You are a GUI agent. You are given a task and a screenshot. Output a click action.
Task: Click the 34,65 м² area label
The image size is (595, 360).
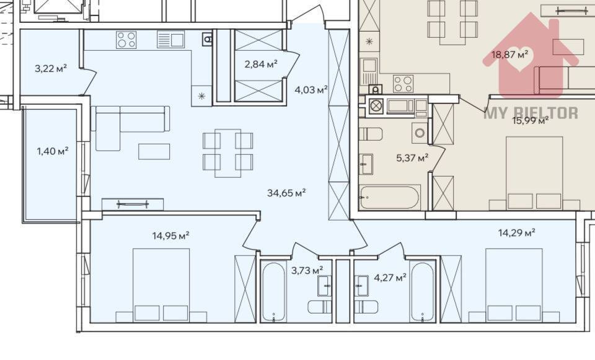pyautogui.click(x=286, y=193)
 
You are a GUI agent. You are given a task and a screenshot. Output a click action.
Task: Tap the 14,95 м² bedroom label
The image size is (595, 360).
pyautogui.click(x=170, y=235)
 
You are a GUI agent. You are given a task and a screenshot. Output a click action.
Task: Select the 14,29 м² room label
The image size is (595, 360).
pyautogui.click(x=516, y=233)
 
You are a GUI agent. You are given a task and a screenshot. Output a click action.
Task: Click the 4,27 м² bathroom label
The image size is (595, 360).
pyautogui.click(x=390, y=277)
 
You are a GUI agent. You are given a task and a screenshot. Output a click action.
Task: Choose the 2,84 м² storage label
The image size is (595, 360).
pyautogui.click(x=260, y=64)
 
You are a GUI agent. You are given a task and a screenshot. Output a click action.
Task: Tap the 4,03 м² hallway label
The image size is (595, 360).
pyautogui.click(x=311, y=90)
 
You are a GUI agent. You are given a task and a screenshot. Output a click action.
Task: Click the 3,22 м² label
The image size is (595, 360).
pyautogui.click(x=51, y=68)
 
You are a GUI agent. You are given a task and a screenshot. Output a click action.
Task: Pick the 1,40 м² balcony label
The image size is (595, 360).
pyautogui.click(x=52, y=150)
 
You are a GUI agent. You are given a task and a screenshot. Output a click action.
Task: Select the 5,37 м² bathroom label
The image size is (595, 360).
pyautogui.click(x=412, y=158)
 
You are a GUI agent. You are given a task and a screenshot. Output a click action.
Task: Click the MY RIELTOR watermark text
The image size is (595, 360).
pyautogui.click(x=531, y=113)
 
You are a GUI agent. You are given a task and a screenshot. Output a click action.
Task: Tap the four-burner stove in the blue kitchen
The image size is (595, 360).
pyautogui.click(x=126, y=40)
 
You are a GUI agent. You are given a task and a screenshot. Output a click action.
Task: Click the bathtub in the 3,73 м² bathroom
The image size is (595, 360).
pyautogui.click(x=273, y=292)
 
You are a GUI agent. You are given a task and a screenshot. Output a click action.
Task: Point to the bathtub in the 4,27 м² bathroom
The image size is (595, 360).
pyautogui.click(x=423, y=292)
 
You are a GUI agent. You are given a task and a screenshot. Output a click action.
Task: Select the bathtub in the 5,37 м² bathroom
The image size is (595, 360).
pyautogui.click(x=389, y=198)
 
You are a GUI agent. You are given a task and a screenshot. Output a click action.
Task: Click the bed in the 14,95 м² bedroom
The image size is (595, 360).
pyautogui.click(x=161, y=285)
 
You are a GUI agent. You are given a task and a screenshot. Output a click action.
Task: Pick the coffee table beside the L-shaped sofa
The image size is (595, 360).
pyautogui.click(x=154, y=151)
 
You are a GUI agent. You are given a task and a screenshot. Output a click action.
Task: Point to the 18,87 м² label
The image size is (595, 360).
pyautogui.click(x=510, y=55)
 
